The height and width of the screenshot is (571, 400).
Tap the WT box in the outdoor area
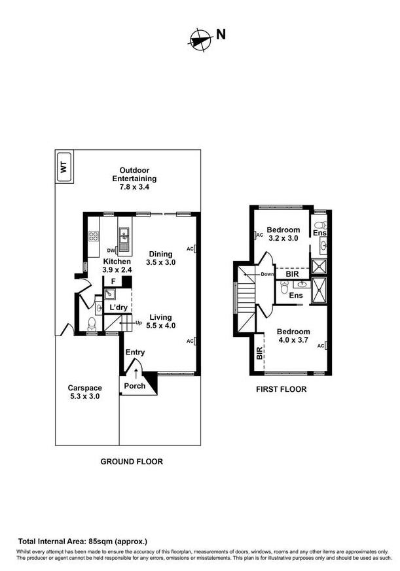[64, 167]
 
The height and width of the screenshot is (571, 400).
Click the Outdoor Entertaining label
[134, 179]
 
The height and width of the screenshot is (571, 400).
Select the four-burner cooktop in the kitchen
[93, 235]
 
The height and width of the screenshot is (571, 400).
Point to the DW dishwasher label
[111, 251]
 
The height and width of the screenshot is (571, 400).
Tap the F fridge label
[113, 282]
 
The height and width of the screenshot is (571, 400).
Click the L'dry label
[118, 307]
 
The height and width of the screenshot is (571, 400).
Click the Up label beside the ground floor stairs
[138, 323]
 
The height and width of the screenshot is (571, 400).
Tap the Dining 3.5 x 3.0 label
[160, 258]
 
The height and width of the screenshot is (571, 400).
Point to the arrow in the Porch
[136, 373]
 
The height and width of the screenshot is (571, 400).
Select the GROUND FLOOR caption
[131, 461]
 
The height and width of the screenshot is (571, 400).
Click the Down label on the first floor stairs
[266, 274]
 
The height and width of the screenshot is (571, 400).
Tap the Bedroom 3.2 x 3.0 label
[283, 234]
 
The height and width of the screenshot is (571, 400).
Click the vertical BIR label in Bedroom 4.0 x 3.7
[260, 354]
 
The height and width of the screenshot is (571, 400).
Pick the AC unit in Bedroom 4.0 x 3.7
[325, 345]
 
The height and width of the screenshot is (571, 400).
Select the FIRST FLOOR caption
[281, 389]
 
